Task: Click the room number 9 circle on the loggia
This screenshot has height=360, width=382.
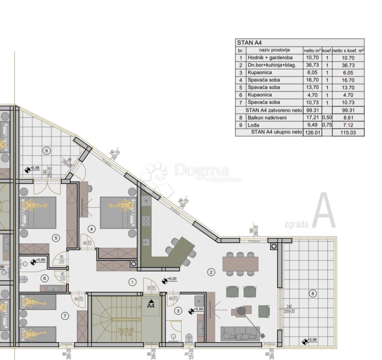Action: click(x=46, y=150)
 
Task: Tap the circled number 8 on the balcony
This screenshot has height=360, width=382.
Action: click(x=312, y=293)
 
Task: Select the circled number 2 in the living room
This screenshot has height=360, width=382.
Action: click(x=211, y=272)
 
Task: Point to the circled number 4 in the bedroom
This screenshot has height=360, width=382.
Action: click(x=92, y=229)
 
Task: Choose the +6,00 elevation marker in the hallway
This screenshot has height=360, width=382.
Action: click(x=165, y=281)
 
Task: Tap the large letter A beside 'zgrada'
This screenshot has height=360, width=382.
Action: click(x=323, y=211)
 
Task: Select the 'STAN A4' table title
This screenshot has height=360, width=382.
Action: click(x=249, y=43)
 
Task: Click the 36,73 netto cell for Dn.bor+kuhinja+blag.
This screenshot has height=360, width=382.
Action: click(x=312, y=65)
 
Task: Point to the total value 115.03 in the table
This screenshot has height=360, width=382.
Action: click(x=348, y=132)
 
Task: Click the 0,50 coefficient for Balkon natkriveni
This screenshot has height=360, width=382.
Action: click(x=327, y=118)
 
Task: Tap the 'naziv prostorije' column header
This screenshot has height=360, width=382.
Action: click(x=274, y=50)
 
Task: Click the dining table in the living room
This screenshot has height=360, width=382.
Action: click(x=240, y=264)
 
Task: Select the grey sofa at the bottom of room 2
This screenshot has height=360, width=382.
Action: click(x=240, y=334)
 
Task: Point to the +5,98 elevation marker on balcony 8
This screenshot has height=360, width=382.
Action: click(x=305, y=342)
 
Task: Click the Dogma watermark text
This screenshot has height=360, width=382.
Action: click(x=202, y=171)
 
